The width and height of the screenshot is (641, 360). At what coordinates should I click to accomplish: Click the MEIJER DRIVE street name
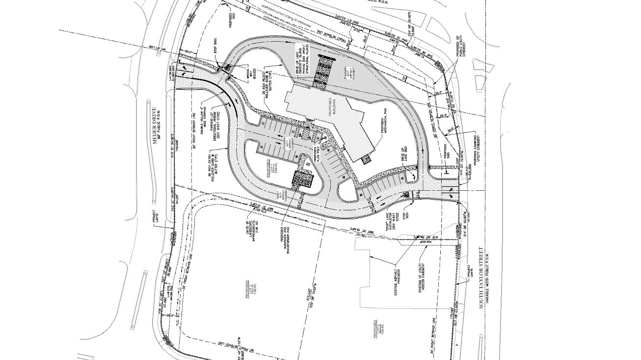coord(153,127)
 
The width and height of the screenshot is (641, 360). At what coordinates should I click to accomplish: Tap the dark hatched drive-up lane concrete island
coord(322,72)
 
